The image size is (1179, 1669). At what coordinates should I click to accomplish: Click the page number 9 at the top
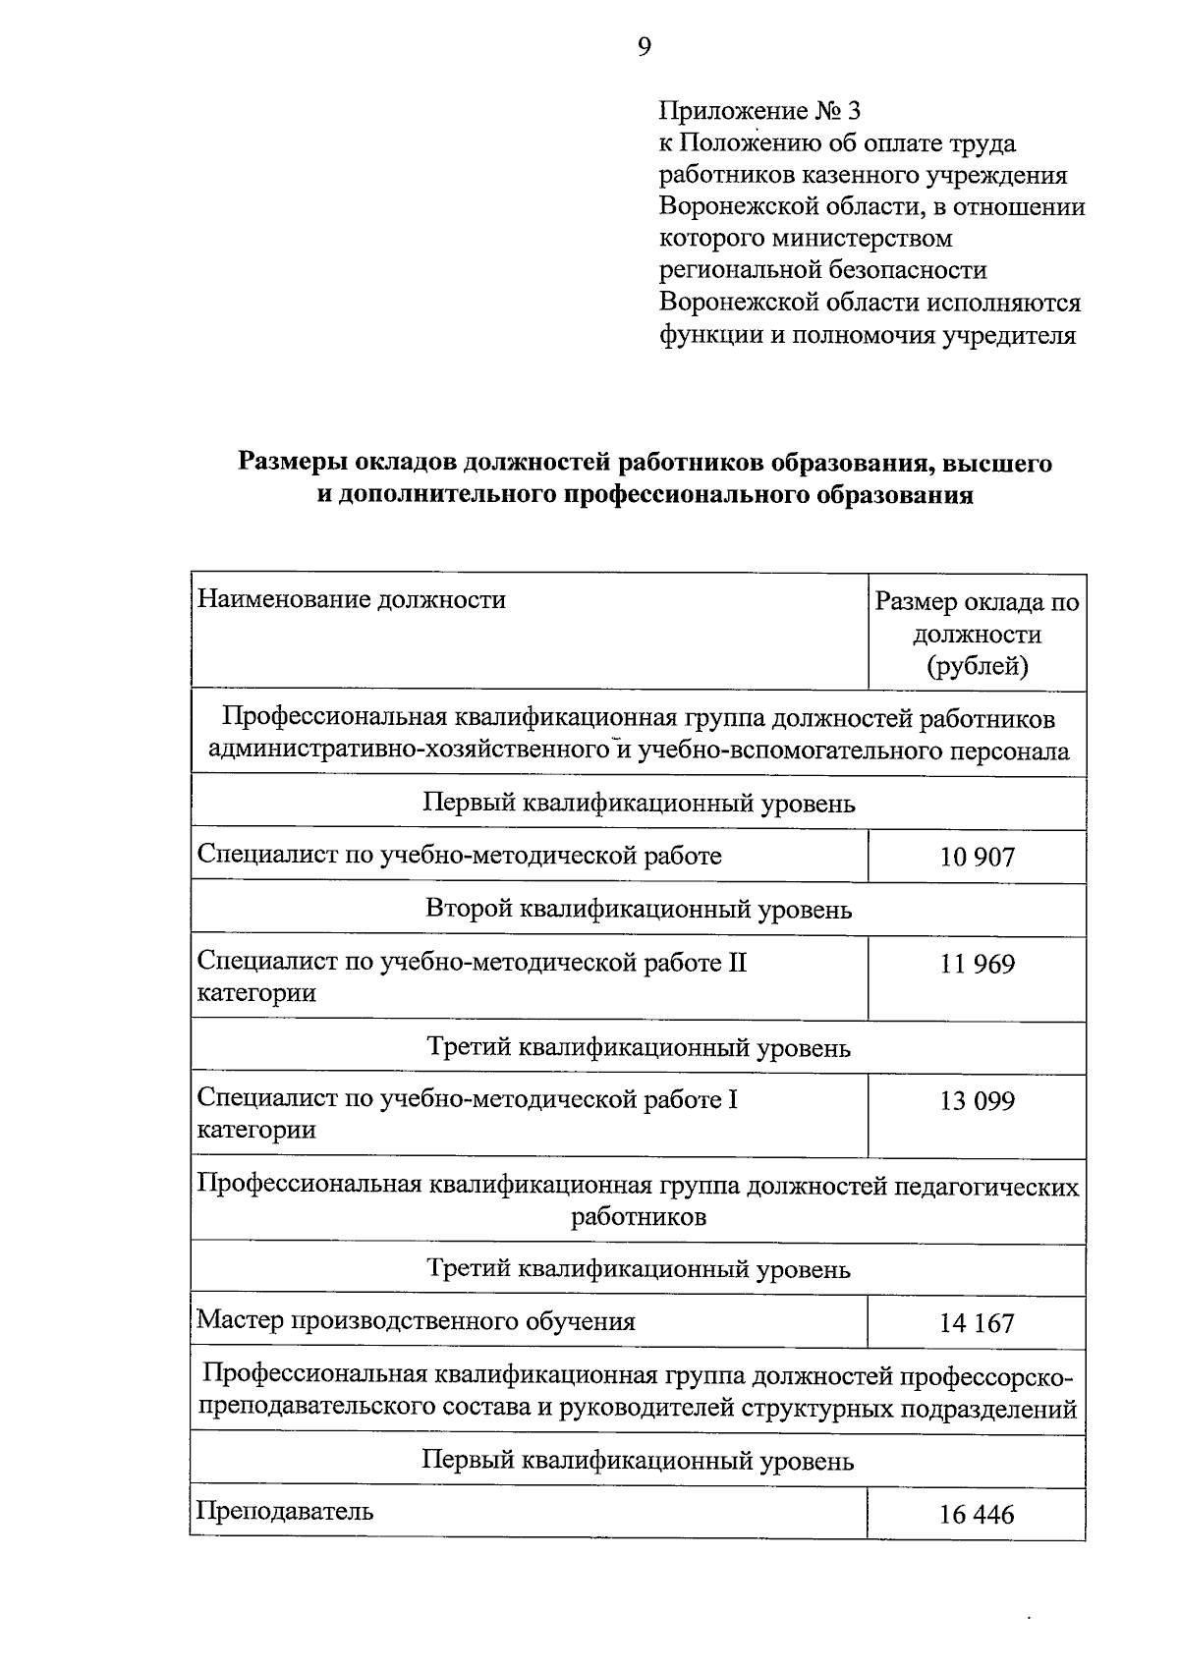tap(644, 46)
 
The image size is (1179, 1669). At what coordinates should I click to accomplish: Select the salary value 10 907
tap(977, 858)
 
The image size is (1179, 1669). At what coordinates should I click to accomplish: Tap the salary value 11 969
tap(977, 964)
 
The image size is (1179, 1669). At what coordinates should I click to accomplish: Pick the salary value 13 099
tap(977, 1101)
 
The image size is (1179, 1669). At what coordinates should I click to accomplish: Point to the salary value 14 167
tap(977, 1323)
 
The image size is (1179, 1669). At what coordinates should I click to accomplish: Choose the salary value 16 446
tap(977, 1515)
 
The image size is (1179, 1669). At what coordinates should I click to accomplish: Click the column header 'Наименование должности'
tap(352, 599)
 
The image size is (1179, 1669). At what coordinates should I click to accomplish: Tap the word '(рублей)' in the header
tap(978, 667)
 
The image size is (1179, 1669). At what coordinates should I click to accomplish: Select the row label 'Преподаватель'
tap(285, 1511)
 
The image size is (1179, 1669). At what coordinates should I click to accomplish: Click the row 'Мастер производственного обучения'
tap(416, 1321)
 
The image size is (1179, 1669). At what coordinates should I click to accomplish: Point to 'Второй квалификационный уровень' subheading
tap(639, 909)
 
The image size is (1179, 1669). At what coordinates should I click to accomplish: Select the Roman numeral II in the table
tap(737, 962)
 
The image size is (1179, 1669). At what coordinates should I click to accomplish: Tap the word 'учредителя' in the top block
tap(1009, 336)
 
